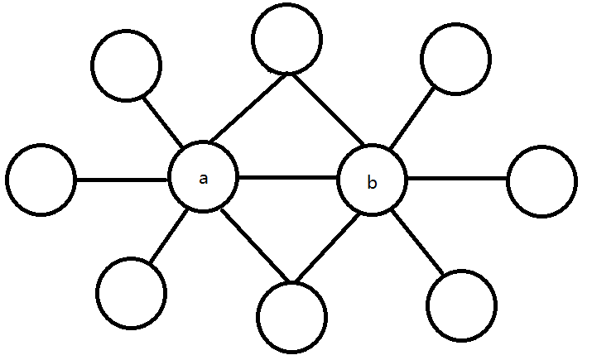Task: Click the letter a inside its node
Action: tap(203, 179)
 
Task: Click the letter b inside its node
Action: tap(372, 183)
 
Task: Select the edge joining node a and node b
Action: tap(287, 178)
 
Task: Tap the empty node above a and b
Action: tap(287, 40)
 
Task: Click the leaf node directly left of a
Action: tap(41, 179)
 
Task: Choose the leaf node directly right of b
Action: tap(541, 180)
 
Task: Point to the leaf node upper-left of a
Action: tap(126, 66)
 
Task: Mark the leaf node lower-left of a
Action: tap(131, 291)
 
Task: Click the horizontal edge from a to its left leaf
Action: tap(122, 179)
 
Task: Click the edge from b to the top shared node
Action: tap(325, 109)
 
